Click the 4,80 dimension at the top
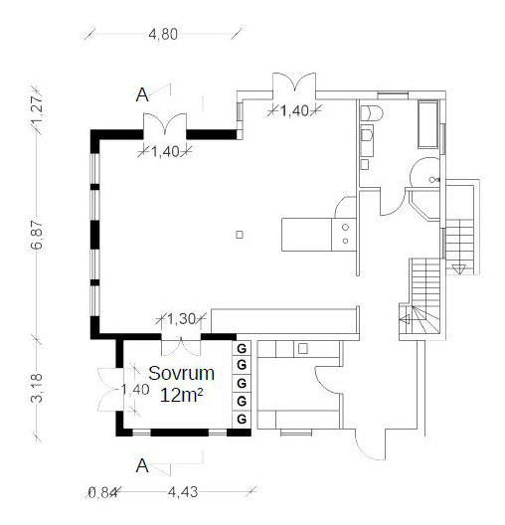tap(163, 35)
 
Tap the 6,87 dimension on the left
tap(37, 235)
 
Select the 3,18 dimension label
tap(37, 388)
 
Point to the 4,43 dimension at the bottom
tap(183, 492)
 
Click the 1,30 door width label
tap(181, 319)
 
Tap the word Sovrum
tap(181, 373)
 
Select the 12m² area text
tap(181, 396)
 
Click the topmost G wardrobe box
tap(242, 349)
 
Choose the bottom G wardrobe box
tap(242, 419)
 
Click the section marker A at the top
tap(142, 95)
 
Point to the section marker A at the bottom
tap(142, 465)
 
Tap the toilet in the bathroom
tap(371, 113)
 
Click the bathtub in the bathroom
tap(428, 124)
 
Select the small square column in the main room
tap(240, 235)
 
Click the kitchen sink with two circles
tap(344, 235)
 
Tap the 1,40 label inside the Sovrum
tap(134, 390)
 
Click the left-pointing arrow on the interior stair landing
tap(405, 320)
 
